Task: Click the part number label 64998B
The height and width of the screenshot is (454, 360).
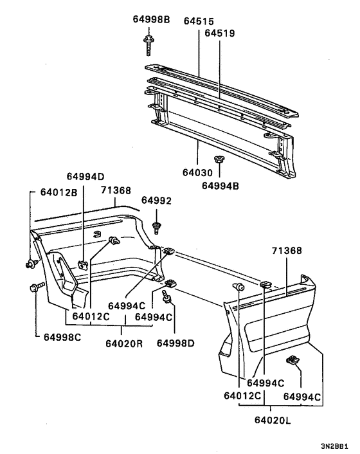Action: click(151, 19)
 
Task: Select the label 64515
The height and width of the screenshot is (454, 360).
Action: click(199, 21)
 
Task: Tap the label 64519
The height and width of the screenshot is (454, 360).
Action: click(220, 33)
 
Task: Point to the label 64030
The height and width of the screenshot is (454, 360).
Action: click(197, 172)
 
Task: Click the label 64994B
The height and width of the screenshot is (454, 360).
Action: click(221, 186)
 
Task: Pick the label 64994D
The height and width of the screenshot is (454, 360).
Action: click(85, 176)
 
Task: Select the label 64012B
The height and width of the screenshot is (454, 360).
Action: click(59, 192)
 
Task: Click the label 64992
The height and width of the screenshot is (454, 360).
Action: click(156, 201)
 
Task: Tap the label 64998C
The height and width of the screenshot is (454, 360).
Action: click(62, 337)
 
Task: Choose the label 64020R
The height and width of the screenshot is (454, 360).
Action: click(124, 343)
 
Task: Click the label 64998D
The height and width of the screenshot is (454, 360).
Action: click(175, 343)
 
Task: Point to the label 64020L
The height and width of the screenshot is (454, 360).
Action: click(273, 420)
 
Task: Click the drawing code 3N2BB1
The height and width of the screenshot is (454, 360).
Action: click(334, 446)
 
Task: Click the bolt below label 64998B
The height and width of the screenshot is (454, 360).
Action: click(148, 45)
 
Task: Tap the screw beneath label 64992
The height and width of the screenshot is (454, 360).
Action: click(157, 228)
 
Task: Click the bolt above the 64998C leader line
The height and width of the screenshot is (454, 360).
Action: click(37, 287)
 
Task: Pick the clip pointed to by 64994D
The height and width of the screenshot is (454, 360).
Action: click(83, 264)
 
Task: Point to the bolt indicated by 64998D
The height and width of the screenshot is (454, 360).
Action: click(167, 297)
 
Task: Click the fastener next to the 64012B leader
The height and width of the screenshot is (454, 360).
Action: click(32, 264)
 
